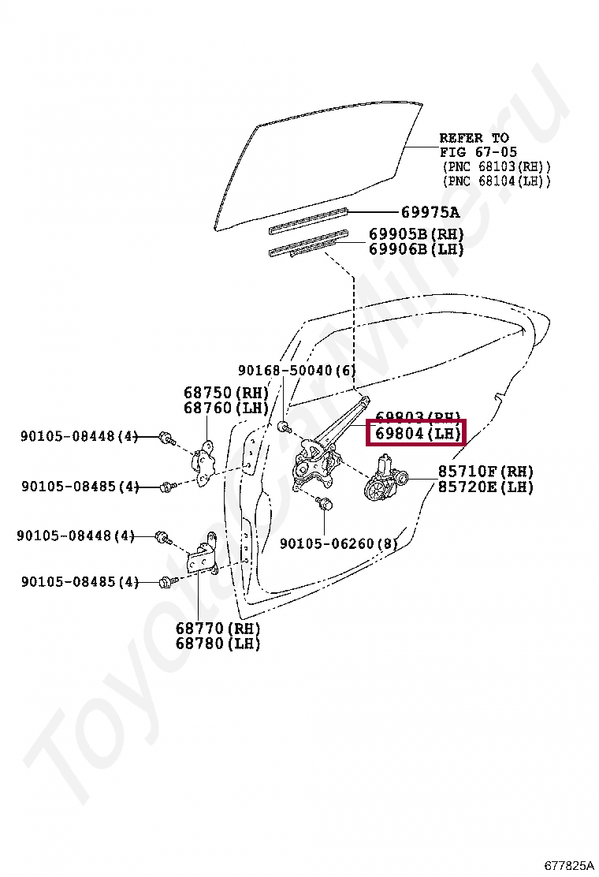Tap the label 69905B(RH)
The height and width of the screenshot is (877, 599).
point(416,234)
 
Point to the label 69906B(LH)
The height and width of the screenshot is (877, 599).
point(416,249)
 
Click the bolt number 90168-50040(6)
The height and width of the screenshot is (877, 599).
point(296,370)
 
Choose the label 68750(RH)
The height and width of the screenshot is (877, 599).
point(225,393)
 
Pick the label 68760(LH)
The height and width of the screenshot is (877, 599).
point(225,408)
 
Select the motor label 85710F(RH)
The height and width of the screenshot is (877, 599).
point(486,472)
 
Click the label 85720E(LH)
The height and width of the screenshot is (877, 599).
point(486,487)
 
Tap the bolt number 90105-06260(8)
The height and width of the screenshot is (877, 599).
point(338,543)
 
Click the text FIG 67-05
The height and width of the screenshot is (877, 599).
point(478,152)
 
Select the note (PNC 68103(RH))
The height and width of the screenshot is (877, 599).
point(495,166)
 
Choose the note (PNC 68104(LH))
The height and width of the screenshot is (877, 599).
point(495,181)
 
